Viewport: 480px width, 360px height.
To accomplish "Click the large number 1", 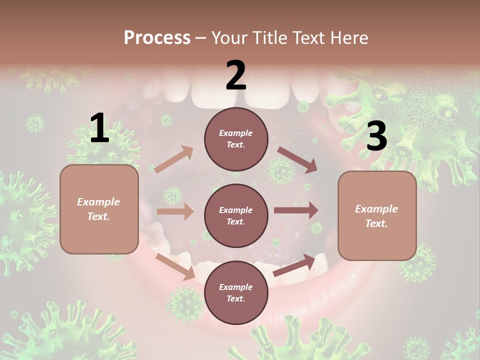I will click(x=100, y=128).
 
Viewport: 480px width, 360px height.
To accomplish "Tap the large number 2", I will click(x=235, y=75).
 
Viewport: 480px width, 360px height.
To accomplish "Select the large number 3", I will click(x=376, y=136).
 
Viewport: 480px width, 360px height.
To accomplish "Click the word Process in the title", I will click(x=157, y=37).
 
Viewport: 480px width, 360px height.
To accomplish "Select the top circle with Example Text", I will click(x=236, y=139).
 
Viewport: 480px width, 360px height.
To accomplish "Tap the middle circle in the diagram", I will click(x=236, y=215).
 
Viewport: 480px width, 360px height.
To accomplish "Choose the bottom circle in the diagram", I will click(x=236, y=292).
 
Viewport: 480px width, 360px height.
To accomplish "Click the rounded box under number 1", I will click(x=99, y=209).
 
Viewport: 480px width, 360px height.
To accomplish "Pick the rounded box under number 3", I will click(x=377, y=216).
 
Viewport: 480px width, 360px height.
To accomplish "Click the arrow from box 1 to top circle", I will click(x=174, y=159).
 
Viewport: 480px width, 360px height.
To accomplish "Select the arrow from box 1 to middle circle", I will click(x=175, y=211).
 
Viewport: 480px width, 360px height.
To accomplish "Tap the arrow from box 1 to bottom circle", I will click(x=175, y=266).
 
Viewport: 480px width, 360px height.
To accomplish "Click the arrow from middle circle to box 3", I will click(x=296, y=210).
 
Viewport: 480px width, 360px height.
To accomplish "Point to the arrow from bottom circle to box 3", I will click(x=294, y=265).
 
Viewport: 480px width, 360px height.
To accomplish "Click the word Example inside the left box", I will click(x=98, y=202).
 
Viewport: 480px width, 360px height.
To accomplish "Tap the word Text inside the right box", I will click(x=376, y=223).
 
